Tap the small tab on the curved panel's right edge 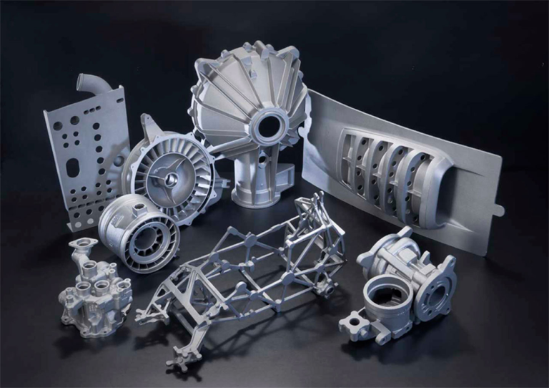[498, 210]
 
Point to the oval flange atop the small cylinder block [81, 247]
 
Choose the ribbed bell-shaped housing [250, 115]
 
